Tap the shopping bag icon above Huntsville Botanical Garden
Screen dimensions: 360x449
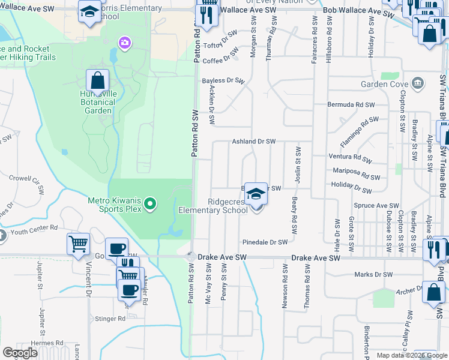coord(97,80)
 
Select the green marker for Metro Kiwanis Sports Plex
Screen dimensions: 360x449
coord(150,205)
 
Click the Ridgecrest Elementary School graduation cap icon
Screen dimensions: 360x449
coord(256,194)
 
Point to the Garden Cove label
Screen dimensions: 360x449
coord(385,84)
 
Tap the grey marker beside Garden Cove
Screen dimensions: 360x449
coord(419,83)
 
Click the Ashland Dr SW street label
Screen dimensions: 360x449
coord(253,142)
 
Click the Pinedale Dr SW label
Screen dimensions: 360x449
coord(265,242)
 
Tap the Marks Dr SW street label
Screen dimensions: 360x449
coord(373,274)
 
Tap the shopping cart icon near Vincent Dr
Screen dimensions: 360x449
coord(78,244)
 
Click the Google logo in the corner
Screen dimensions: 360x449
coord(20,353)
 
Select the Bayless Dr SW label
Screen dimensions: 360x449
coord(223,80)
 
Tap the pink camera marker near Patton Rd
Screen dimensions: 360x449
coord(124,42)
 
